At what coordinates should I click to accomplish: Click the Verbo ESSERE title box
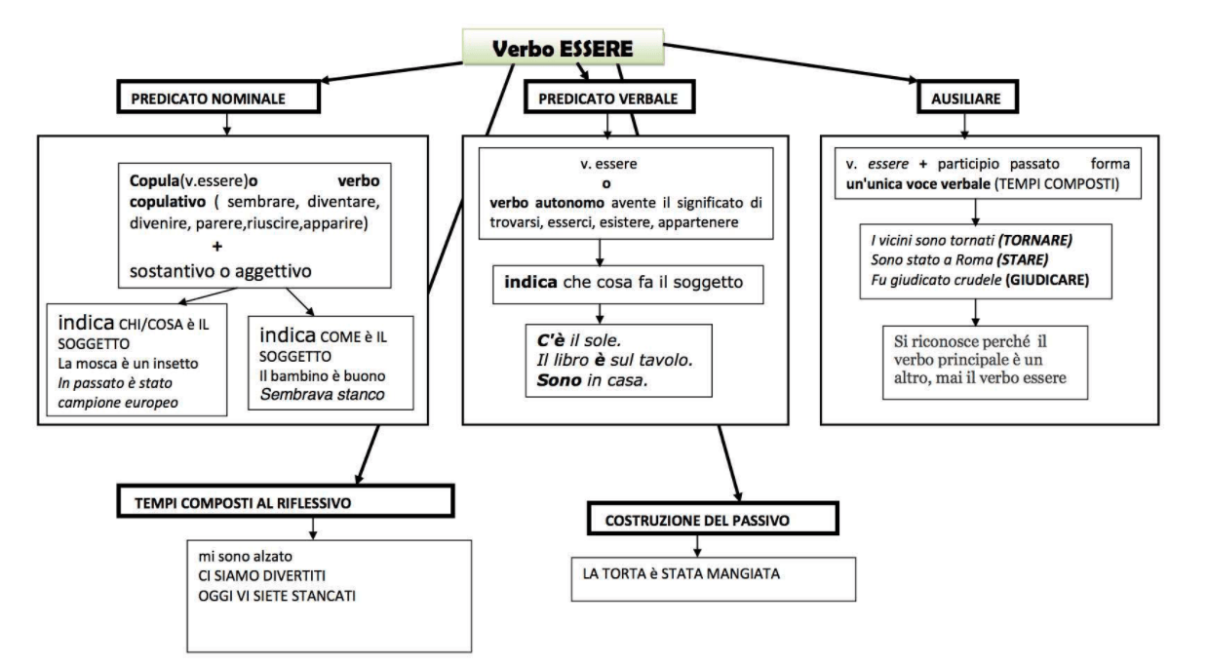click(563, 48)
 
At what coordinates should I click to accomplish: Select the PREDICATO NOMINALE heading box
click(218, 98)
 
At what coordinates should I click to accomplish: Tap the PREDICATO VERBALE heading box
click(609, 98)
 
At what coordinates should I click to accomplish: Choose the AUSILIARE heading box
click(967, 98)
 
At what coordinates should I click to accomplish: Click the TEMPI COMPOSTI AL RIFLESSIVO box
click(286, 501)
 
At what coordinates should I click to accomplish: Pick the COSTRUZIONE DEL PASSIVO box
click(713, 519)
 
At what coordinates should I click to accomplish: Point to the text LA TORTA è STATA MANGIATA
click(682, 573)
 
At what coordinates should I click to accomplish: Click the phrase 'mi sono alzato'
click(246, 557)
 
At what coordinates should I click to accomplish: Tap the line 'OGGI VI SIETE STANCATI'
click(277, 596)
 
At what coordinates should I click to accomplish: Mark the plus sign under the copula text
click(216, 247)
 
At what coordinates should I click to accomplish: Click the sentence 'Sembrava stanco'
click(322, 395)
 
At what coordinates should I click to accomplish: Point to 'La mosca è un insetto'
click(128, 364)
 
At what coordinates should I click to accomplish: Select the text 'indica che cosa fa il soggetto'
click(623, 282)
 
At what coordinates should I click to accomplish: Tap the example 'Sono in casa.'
click(592, 380)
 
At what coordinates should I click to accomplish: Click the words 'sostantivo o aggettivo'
click(220, 271)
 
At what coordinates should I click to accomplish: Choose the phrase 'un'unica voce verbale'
click(917, 184)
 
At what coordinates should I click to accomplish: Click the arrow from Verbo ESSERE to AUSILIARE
click(791, 63)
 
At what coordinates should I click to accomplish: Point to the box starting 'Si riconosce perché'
click(985, 363)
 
